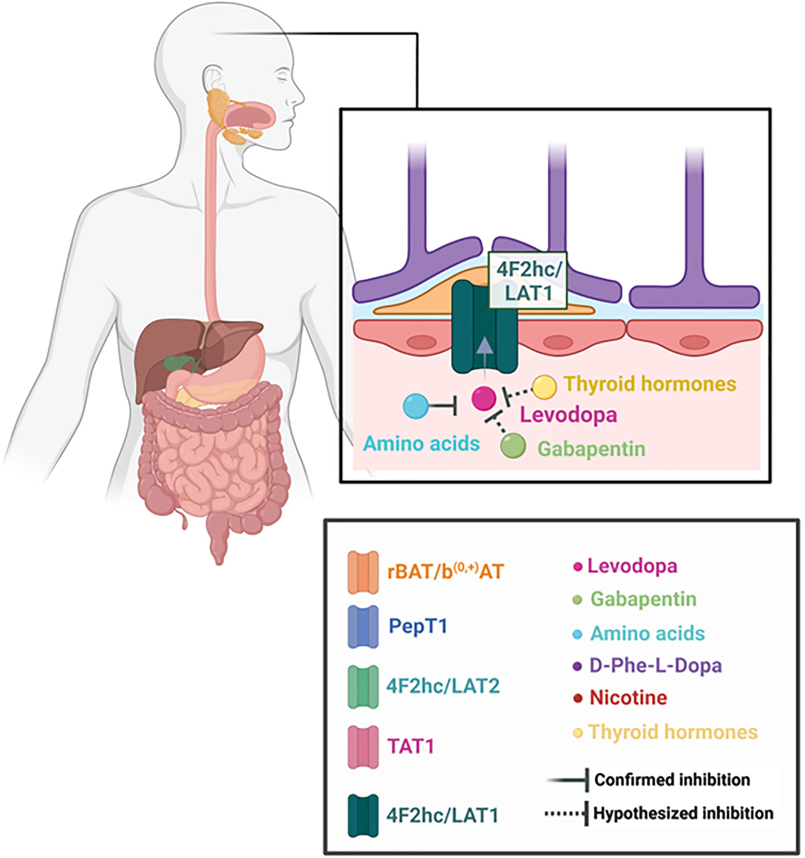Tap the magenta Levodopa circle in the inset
(x=484, y=398)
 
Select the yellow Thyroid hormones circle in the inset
(x=544, y=387)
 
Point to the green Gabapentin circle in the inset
(x=513, y=445)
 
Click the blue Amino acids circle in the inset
(x=416, y=406)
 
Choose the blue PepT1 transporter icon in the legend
(x=363, y=627)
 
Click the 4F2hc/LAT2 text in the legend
(x=443, y=686)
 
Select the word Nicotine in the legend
(x=628, y=697)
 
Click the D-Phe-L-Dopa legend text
(x=655, y=665)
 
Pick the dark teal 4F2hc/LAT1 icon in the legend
(x=363, y=816)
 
